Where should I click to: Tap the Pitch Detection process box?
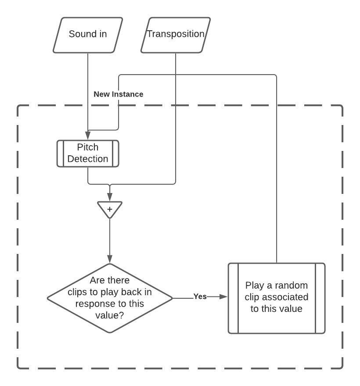tap(88, 154)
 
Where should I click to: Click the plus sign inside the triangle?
tap(110, 210)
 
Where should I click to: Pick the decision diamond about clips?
tap(110, 298)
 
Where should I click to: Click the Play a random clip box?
tap(277, 298)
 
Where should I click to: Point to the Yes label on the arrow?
tap(200, 297)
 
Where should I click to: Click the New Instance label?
tap(119, 94)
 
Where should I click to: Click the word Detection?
tap(88, 159)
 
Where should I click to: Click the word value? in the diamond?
tap(110, 315)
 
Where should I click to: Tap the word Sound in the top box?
tap(79, 34)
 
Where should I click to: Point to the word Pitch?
tap(88, 147)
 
